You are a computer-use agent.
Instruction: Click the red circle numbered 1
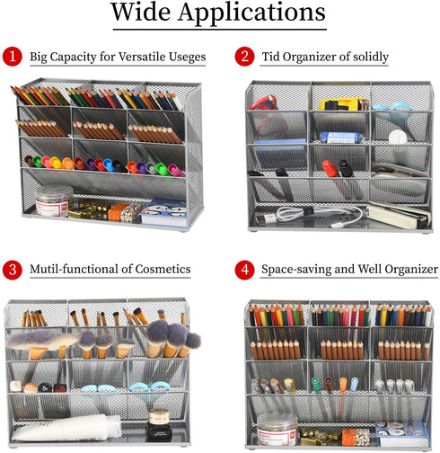coord(13,57)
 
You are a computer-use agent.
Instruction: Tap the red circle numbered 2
coord(244,57)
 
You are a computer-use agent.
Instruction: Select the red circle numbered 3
coord(13,270)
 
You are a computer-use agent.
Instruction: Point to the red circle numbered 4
coord(244,270)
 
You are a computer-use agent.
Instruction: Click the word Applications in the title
coord(251,13)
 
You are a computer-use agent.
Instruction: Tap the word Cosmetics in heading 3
coord(163,269)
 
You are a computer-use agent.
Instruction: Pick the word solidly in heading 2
coord(371,57)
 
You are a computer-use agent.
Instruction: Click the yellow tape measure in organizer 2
coord(343,104)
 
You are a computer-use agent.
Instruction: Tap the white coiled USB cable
coord(317,215)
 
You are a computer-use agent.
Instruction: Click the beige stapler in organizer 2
coord(398,215)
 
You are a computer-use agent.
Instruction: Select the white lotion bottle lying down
coord(66,428)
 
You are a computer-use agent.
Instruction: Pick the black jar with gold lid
coord(159,425)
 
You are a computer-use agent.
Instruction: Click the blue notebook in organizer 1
coord(163,212)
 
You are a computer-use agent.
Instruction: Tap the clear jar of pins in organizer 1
coord(54,200)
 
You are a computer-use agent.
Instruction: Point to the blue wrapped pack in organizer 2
coord(341,138)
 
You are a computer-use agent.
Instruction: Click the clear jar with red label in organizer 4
coord(277,429)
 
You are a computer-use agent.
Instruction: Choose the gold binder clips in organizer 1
coord(88,209)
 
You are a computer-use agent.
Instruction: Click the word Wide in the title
coord(141,12)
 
